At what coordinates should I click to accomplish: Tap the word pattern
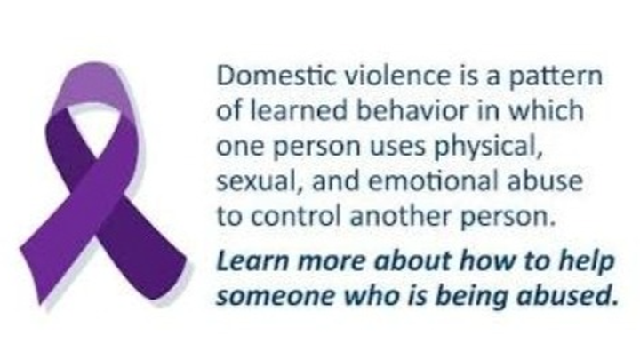coord(556,77)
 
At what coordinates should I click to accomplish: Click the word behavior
coord(412,110)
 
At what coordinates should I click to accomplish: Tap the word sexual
coord(256,181)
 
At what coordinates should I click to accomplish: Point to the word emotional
coord(433,180)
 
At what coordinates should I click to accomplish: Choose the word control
coord(295,216)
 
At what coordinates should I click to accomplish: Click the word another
coord(400,216)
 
